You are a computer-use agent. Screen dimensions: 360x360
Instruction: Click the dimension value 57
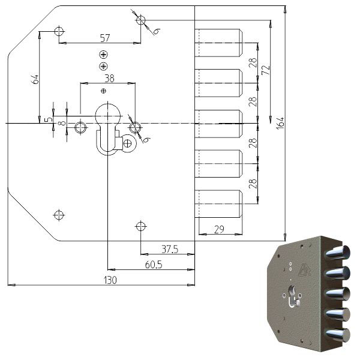(x=105, y=38)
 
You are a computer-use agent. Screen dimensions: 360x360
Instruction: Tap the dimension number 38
(x=109, y=79)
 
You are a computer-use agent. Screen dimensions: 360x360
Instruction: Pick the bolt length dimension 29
(x=220, y=229)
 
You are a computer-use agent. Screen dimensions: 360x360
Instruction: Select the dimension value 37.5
(x=170, y=249)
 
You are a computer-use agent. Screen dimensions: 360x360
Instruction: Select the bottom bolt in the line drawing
(x=219, y=204)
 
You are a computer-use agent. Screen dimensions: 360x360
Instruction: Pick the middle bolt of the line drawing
(x=219, y=124)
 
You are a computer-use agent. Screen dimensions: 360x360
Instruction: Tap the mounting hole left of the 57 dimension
(x=59, y=31)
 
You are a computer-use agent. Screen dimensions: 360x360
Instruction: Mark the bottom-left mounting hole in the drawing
(x=59, y=214)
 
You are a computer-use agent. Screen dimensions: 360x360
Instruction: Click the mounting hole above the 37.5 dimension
(x=140, y=226)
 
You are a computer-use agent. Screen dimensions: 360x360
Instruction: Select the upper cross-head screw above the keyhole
(x=104, y=55)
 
